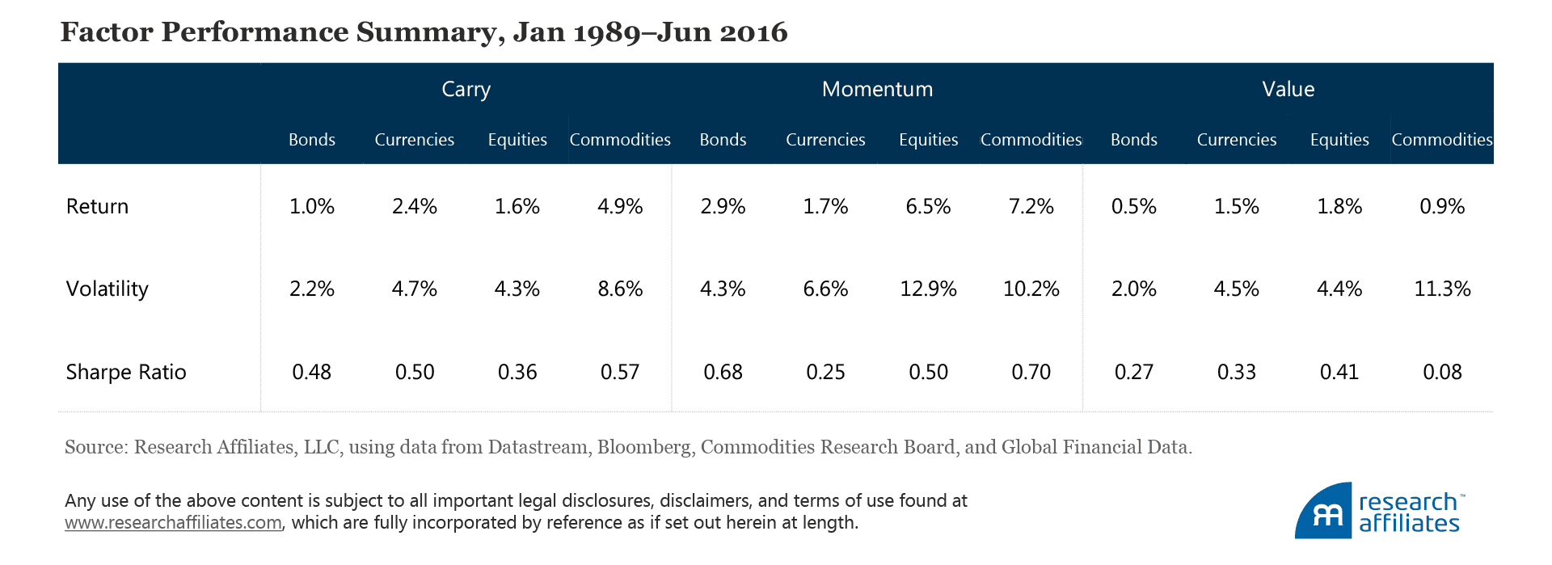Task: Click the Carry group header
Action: [x=466, y=89]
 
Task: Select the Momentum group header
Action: [x=877, y=89]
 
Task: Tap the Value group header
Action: [x=1288, y=89]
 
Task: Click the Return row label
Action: [x=97, y=206]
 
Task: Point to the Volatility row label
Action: [x=107, y=289]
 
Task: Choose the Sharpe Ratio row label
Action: [x=125, y=372]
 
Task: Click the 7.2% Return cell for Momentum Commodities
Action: [x=1031, y=206]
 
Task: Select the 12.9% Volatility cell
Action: [x=928, y=289]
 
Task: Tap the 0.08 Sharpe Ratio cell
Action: [x=1442, y=372]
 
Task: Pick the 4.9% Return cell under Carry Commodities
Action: [x=620, y=206]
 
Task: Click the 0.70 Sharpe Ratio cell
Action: [x=1031, y=372]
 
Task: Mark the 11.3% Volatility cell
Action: [x=1442, y=289]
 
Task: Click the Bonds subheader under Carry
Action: [x=311, y=140]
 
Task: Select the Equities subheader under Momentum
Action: [x=928, y=140]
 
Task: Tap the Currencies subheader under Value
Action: [x=1236, y=140]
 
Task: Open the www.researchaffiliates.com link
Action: [x=173, y=523]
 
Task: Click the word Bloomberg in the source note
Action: [x=644, y=447]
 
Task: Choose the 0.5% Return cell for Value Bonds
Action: [x=1133, y=206]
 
